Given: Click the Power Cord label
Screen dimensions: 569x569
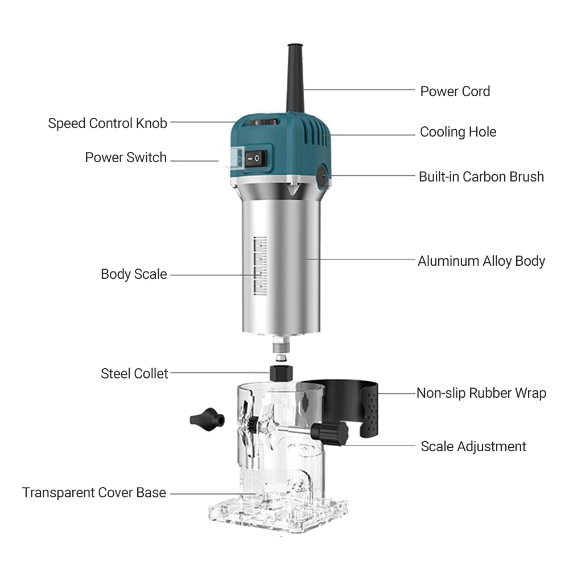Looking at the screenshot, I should tap(455, 91).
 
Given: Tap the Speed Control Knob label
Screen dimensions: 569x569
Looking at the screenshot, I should tap(108, 123).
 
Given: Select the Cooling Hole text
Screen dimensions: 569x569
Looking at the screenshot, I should tap(458, 132).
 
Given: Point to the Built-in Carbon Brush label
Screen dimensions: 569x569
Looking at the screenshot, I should tap(481, 176).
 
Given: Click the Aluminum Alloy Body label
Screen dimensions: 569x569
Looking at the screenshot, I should tap(481, 261).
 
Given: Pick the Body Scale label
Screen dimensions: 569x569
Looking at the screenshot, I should tap(134, 274).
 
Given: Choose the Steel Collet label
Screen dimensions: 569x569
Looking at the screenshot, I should tap(134, 373).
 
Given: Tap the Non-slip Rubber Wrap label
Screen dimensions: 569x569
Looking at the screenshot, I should tap(481, 393).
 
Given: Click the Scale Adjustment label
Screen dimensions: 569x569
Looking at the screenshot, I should tap(473, 446).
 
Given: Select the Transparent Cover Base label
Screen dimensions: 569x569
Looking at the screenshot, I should tap(94, 492).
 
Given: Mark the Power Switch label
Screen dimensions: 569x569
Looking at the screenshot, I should tap(126, 157).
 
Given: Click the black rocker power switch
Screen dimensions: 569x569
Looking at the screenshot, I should tap(257, 158).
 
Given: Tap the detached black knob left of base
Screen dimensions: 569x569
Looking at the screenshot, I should tap(204, 419).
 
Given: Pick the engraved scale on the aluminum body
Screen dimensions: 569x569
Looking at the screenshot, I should tap(260, 266).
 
